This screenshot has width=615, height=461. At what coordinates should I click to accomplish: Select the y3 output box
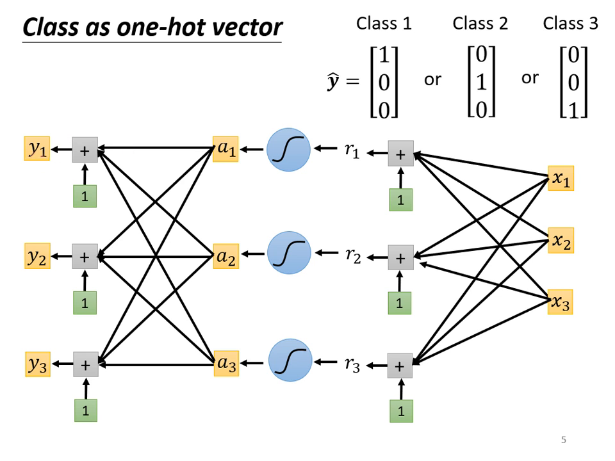pos(37,364)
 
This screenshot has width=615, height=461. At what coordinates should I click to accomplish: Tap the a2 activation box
pos(225,257)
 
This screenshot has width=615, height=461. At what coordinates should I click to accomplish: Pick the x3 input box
pos(561,302)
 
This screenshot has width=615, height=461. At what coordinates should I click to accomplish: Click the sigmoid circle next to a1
pos(288,150)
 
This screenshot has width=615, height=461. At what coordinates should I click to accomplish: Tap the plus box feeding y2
pos(84,257)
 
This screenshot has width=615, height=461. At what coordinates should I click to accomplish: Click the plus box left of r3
pos(400,366)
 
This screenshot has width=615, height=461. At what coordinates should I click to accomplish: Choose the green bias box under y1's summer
pos(84,196)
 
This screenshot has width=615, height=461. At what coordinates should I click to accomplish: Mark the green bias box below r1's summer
pos(400,199)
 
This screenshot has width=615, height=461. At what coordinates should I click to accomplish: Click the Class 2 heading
pos(480,24)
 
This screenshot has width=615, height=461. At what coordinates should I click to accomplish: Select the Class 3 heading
pos(570,24)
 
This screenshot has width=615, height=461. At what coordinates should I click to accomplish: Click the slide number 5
pos(564,440)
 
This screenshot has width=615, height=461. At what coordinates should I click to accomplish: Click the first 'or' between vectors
pos(432,80)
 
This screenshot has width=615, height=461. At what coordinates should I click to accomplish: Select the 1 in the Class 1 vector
pos(384,56)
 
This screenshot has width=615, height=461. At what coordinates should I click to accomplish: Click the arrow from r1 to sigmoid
pos(326,150)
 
